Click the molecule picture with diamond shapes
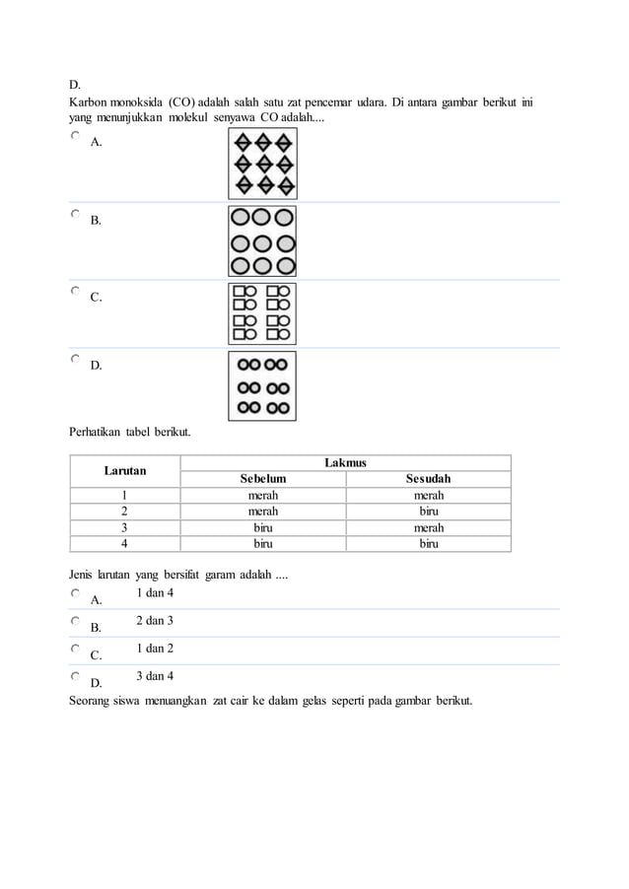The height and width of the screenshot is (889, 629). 262,163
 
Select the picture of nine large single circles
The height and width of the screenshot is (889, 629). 262,240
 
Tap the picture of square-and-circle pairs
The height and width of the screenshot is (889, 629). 262,313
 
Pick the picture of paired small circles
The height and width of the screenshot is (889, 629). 262,385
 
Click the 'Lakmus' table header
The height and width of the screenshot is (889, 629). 345,462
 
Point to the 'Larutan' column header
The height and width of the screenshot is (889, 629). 125,470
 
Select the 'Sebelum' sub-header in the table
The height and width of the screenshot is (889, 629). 262,479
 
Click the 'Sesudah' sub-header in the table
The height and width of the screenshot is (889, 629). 428,479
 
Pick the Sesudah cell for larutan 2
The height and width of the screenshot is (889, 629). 428,512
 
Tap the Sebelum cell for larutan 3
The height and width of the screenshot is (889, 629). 262,527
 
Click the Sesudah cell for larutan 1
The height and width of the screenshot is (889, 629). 428,496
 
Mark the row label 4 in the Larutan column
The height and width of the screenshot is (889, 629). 125,543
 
